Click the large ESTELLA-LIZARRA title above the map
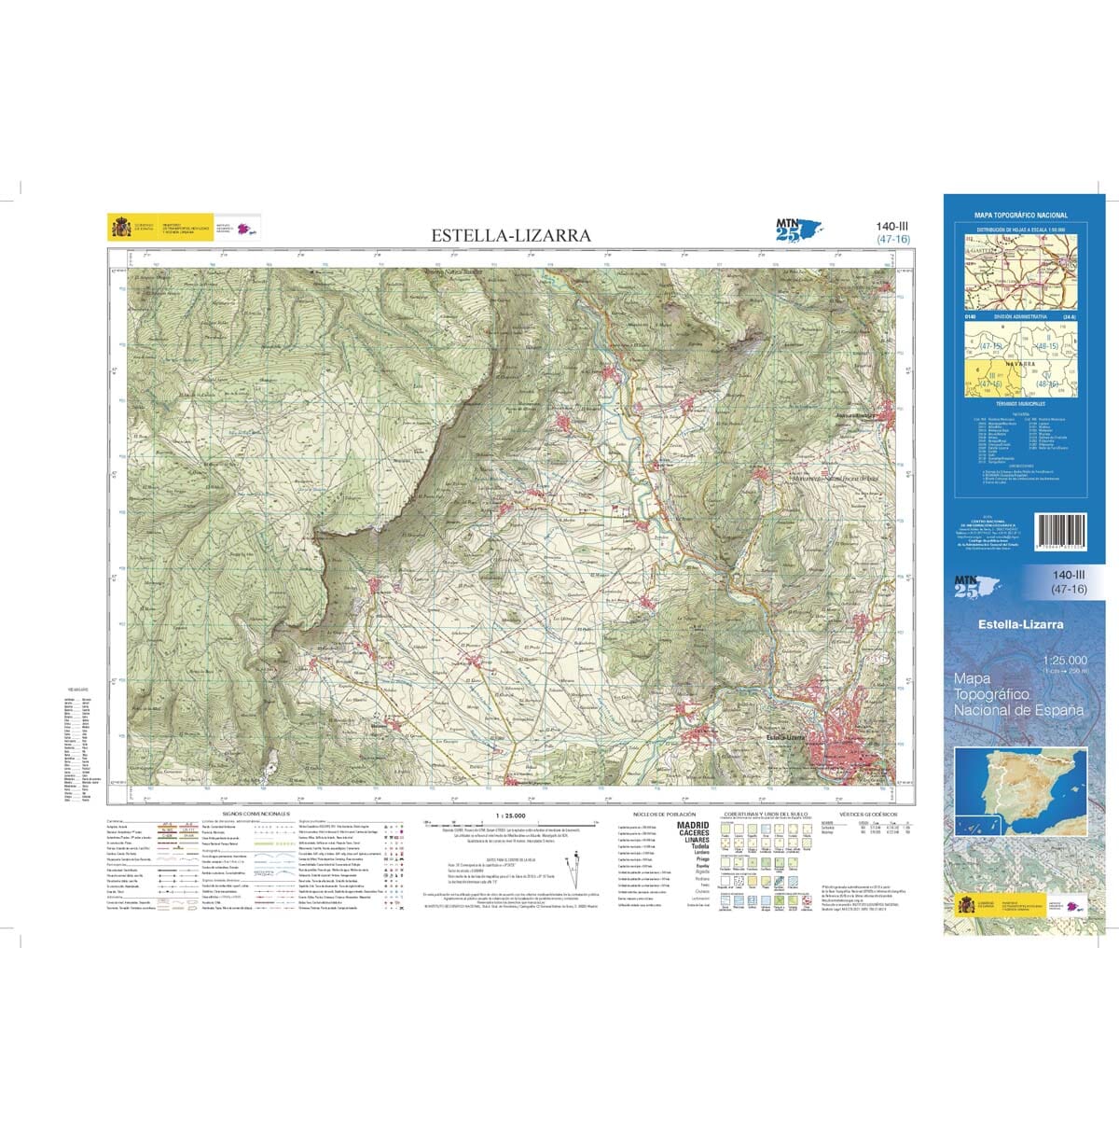510,235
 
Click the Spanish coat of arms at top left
120,227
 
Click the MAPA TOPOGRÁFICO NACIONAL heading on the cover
1020,216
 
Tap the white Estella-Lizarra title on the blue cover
1020,624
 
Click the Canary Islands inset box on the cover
976,826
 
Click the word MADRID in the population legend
692,825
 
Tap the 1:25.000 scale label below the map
500,815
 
